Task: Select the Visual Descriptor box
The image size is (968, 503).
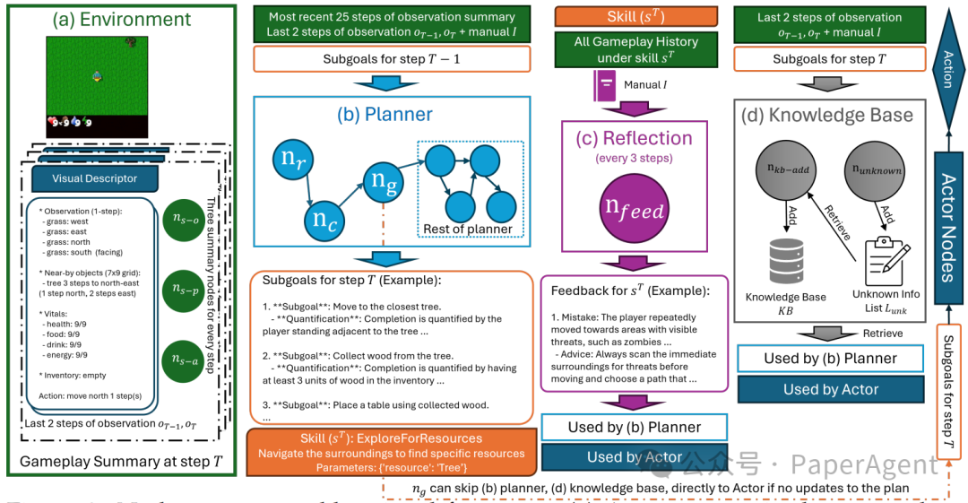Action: tap(94, 178)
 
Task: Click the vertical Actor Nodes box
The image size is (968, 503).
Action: tap(947, 216)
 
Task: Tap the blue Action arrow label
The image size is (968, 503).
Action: tap(948, 66)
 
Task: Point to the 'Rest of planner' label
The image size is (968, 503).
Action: tap(468, 229)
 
